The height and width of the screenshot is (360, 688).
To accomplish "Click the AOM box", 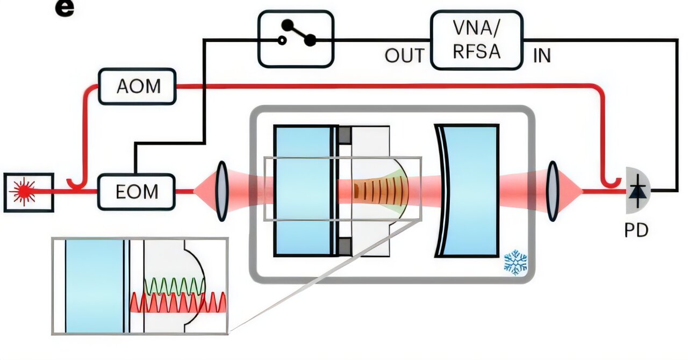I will pyautogui.click(x=138, y=86).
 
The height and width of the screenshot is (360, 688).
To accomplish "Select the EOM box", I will pyautogui.click(x=137, y=191).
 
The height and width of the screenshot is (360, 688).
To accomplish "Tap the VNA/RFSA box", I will pyautogui.click(x=476, y=40).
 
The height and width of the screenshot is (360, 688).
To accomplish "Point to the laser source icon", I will pyautogui.click(x=28, y=192).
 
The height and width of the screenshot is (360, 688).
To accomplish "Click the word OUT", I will pyautogui.click(x=404, y=55).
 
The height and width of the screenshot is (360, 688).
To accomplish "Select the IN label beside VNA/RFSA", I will pyautogui.click(x=541, y=55).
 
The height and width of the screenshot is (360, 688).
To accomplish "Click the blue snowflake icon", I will pyautogui.click(x=515, y=262).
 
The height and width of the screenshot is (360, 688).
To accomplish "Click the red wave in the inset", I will pyautogui.click(x=177, y=303).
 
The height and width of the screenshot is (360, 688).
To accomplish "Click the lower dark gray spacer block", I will pyautogui.click(x=345, y=246).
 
